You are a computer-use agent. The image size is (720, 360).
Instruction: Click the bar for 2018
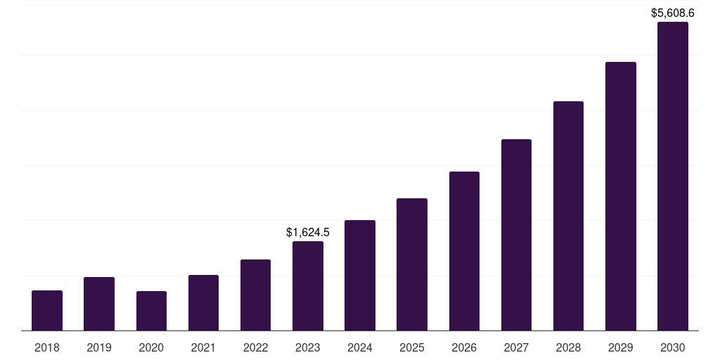(47, 310)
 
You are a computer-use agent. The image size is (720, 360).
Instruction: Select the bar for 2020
(151, 311)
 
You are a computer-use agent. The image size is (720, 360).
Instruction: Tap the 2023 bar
(308, 285)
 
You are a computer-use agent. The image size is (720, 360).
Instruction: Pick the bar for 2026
(464, 251)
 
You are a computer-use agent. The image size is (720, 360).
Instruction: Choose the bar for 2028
(568, 216)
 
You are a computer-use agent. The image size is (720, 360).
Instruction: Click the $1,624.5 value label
(308, 232)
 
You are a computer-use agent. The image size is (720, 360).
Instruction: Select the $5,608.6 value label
(673, 13)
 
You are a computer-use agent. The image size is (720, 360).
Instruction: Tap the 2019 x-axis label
(99, 347)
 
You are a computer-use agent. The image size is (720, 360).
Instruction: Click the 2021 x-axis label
(203, 347)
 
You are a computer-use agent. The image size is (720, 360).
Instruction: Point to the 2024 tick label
(360, 347)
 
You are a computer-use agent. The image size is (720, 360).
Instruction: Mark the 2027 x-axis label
(516, 347)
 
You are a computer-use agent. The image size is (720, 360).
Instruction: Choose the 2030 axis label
(673, 347)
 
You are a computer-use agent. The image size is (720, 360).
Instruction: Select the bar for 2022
(255, 295)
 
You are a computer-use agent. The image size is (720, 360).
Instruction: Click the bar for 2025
(412, 264)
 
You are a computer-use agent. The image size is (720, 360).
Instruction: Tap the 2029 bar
(621, 196)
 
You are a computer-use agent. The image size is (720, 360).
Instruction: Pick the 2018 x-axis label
(47, 347)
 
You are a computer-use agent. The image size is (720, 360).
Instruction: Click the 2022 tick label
(255, 347)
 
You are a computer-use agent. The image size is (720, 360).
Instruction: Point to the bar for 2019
(99, 304)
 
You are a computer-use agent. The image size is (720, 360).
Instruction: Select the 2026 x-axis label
(464, 347)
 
